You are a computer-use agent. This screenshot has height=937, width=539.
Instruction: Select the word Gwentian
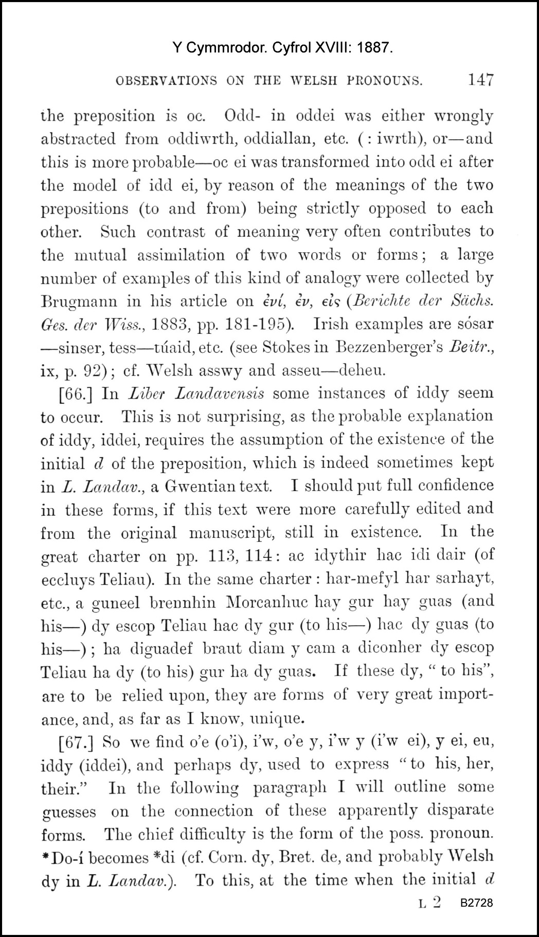[x=200, y=486]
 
